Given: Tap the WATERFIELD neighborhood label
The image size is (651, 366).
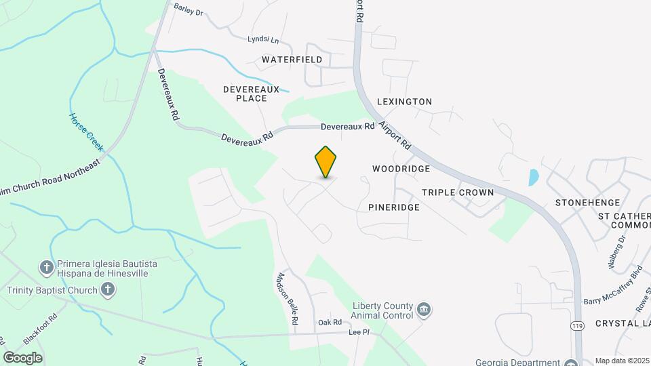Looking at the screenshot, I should [292, 60].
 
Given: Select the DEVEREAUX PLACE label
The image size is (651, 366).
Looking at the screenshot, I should [245, 94].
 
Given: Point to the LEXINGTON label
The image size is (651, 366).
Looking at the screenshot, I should [405, 102].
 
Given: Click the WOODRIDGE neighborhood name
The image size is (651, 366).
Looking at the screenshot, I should [401, 168].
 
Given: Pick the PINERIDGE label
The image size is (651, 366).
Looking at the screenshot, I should [394, 207].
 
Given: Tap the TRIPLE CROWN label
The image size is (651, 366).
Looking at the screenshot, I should [458, 192].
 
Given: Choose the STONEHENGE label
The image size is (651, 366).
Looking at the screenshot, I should [588, 203].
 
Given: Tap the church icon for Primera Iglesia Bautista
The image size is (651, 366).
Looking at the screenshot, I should [47, 266].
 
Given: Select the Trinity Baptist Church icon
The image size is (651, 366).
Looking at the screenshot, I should [107, 290].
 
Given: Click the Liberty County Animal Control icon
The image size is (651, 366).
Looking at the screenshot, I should [423, 310].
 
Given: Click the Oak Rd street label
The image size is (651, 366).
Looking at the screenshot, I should [330, 322].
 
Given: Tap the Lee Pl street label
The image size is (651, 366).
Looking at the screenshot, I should [359, 332].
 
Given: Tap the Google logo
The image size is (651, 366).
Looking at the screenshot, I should [23, 358].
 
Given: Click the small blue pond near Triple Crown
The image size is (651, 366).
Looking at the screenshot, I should [534, 177].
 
